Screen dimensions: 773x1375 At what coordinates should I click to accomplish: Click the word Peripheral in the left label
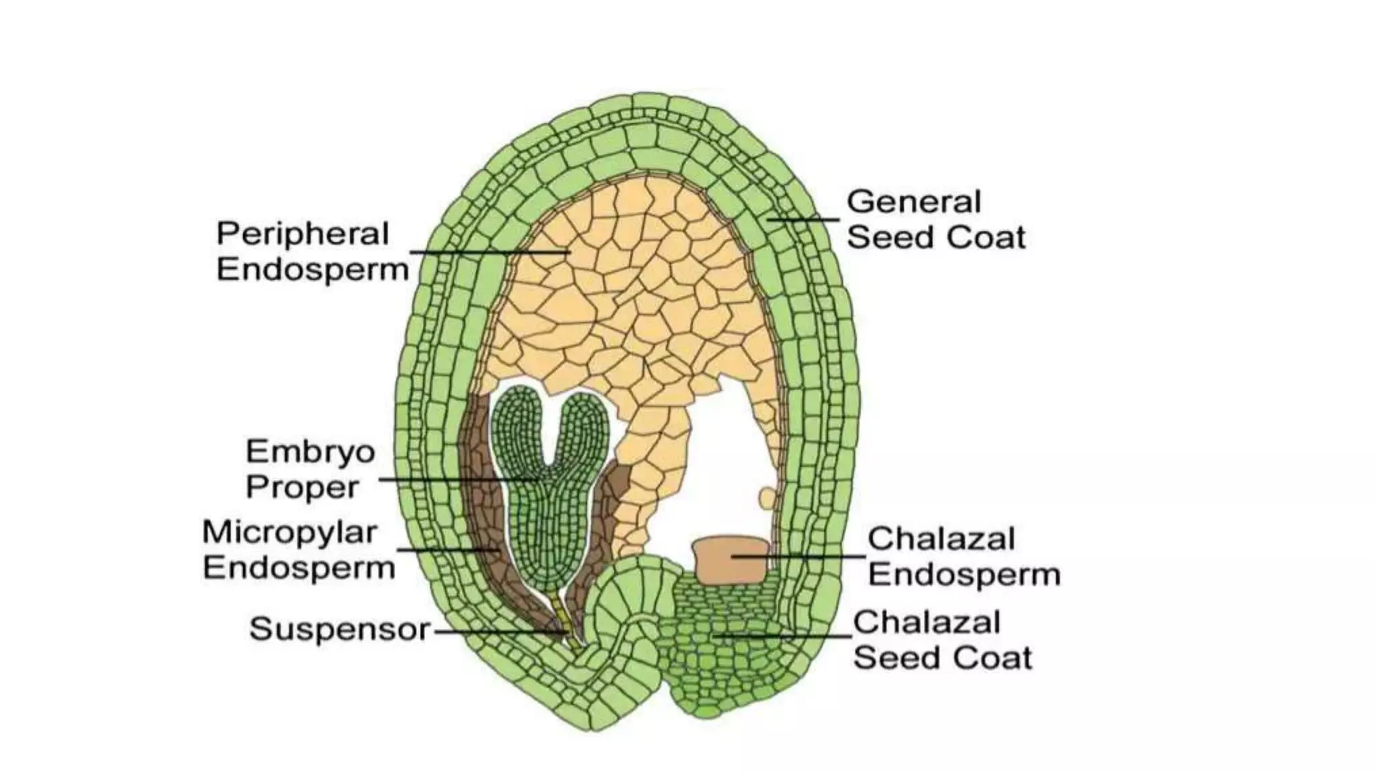tap(302, 234)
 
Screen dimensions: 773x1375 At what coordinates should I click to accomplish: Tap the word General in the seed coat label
tap(914, 202)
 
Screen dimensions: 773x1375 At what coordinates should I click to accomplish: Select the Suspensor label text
tap(339, 629)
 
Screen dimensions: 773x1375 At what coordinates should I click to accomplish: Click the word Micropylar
tap(289, 533)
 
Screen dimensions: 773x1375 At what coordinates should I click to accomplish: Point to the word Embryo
tap(310, 452)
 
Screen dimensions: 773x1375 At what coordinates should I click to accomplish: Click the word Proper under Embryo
tap(302, 487)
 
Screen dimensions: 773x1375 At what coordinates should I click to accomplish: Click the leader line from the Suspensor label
tap(497, 631)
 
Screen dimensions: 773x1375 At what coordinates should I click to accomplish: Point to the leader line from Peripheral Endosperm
tap(490, 252)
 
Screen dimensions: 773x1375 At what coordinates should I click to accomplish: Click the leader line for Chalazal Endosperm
tap(799, 556)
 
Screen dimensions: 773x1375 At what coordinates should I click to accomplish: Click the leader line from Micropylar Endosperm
tap(446, 550)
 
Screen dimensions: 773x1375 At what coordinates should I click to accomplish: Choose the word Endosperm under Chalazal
tap(964, 575)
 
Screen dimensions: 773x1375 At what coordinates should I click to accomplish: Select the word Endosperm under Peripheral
tap(312, 270)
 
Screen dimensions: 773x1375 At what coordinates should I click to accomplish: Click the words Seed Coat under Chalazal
tap(943, 658)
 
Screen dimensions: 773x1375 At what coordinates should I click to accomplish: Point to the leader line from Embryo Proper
tap(457, 479)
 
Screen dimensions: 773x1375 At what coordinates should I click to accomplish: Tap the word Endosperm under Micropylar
tap(299, 568)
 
